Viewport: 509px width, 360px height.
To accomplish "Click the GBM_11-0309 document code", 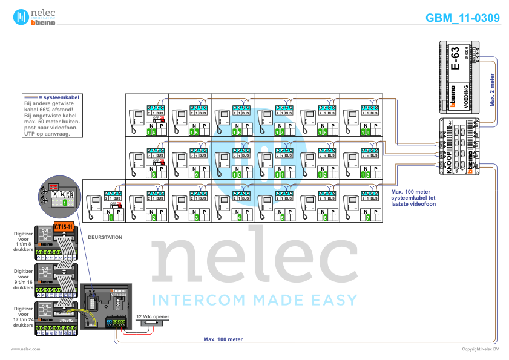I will coord(463,18).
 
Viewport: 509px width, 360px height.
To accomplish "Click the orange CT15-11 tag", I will coord(64,227).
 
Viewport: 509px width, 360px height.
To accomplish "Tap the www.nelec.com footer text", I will coord(25,349).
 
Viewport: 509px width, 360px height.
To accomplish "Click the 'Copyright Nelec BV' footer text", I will coord(481,349).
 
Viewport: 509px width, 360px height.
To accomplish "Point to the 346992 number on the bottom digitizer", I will coord(66,320).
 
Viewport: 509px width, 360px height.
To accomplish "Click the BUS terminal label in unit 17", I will coord(289,113).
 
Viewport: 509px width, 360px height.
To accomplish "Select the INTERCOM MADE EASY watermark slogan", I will coord(254,299).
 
